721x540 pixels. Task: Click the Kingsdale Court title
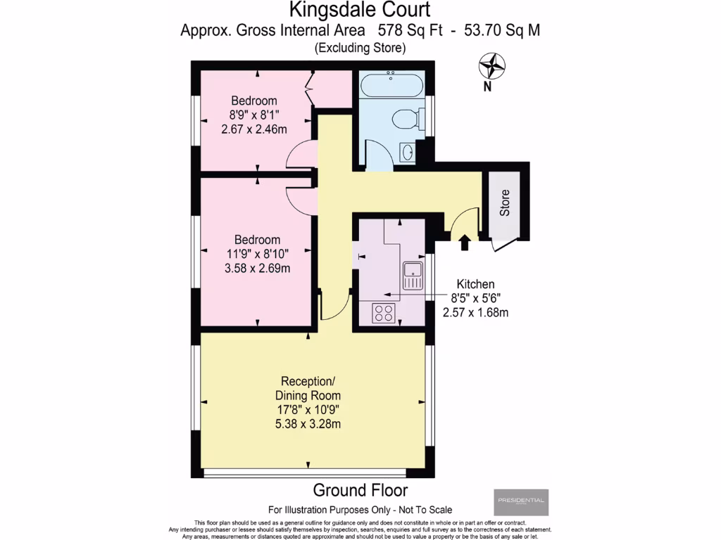360,10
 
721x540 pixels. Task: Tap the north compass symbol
492,67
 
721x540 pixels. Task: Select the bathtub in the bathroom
391,87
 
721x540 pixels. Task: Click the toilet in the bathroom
408,119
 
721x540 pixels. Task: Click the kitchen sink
412,274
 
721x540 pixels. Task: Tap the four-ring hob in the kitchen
384,312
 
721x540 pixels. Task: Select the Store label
504,202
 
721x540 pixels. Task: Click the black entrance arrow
464,243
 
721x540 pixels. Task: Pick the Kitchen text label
476,284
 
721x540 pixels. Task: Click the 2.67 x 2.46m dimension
255,129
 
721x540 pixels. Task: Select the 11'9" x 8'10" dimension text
258,253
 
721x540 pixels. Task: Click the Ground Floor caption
360,490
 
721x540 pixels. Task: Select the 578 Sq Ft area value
406,30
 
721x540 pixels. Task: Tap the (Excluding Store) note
360,48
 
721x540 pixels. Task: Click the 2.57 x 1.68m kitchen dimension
476,312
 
